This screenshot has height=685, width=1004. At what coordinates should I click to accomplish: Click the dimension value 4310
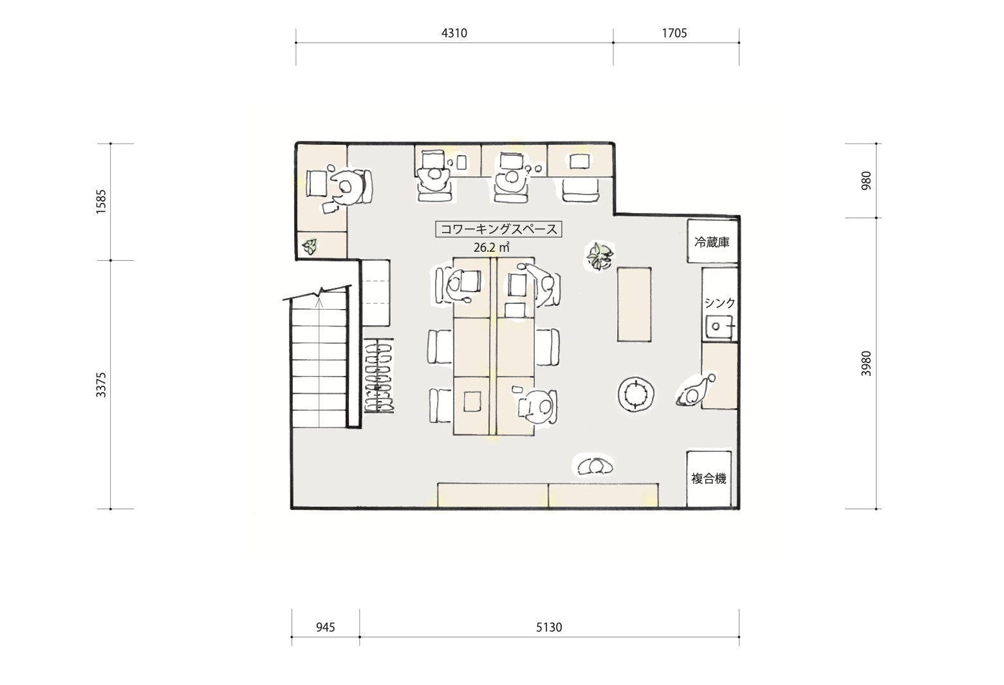click(454, 33)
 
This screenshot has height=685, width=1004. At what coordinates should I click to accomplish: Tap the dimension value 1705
click(674, 33)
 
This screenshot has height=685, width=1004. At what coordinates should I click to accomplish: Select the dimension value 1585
click(101, 202)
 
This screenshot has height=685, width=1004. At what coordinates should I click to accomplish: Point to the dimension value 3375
click(101, 384)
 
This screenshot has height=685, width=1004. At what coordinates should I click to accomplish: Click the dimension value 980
click(866, 181)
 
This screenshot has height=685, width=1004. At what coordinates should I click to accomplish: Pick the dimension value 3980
click(866, 364)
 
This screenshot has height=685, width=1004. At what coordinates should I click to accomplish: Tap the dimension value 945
click(326, 627)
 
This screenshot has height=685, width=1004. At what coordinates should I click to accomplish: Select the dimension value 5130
click(549, 627)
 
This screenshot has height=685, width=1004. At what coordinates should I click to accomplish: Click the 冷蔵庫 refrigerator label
click(712, 243)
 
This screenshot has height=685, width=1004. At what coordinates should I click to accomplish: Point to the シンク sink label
click(720, 303)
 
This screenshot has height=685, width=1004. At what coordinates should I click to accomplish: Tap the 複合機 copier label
click(709, 479)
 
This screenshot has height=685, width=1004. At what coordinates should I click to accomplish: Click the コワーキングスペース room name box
click(499, 229)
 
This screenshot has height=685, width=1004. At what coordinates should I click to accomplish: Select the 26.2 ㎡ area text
click(492, 247)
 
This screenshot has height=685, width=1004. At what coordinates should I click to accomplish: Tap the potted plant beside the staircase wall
click(310, 246)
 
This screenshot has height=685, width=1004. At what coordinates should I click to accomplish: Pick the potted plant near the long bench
click(600, 256)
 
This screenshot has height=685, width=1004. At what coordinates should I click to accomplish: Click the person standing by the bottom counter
click(595, 465)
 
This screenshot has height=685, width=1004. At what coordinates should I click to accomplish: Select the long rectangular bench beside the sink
click(634, 305)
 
